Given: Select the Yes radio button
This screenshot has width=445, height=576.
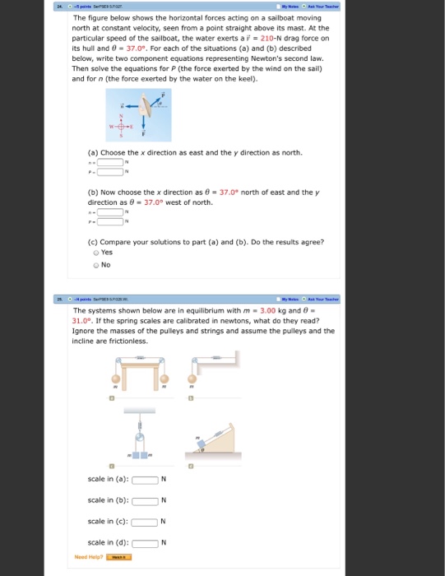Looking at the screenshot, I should pyautogui.click(x=96, y=253).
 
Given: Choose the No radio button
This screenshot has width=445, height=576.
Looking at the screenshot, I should pyautogui.click(x=96, y=265).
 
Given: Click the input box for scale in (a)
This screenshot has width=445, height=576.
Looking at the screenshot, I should pyautogui.click(x=146, y=481).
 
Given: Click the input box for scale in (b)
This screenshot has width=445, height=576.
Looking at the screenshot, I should pyautogui.click(x=146, y=500).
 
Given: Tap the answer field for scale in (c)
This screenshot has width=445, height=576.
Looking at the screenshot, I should pyautogui.click(x=146, y=521).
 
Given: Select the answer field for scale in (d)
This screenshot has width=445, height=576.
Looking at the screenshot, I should pyautogui.click(x=146, y=541).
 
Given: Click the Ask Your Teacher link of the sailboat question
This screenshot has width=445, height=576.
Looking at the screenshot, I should pyautogui.click(x=322, y=5).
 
